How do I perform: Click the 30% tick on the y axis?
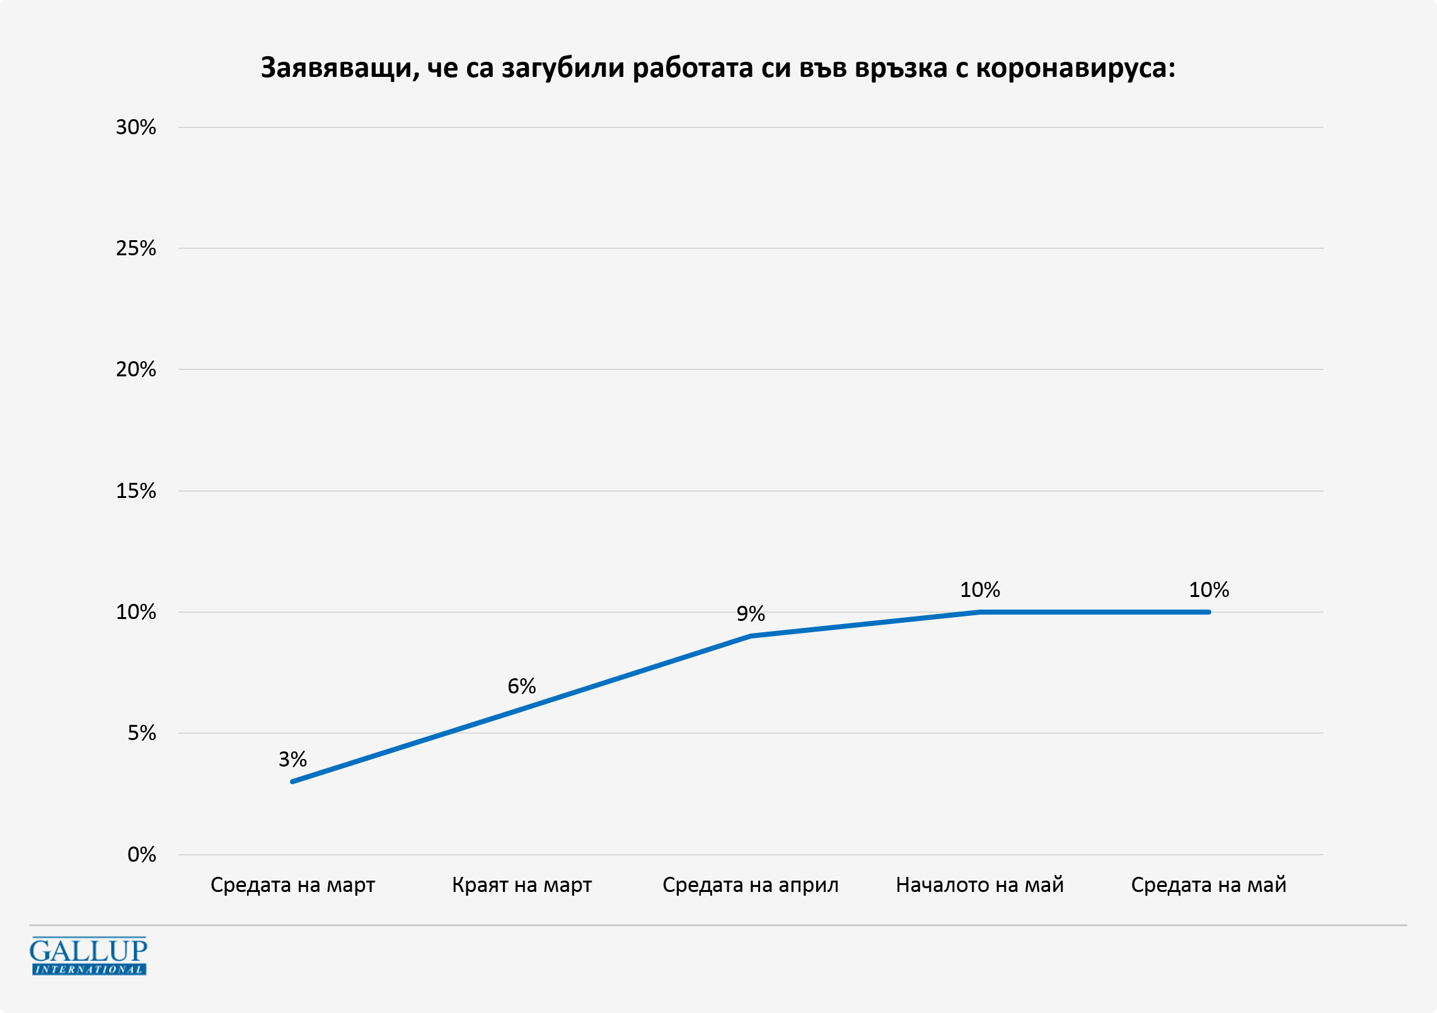click(x=136, y=127)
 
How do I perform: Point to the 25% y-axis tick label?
click(x=136, y=248)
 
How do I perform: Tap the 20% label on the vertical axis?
click(x=136, y=369)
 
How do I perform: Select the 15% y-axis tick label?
click(x=136, y=491)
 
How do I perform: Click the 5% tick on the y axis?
click(x=141, y=733)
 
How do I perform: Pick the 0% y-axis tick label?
click(x=141, y=855)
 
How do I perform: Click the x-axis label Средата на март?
click(x=292, y=885)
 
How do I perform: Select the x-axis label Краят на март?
click(x=522, y=885)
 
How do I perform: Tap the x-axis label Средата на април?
click(x=750, y=885)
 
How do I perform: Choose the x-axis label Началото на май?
click(x=979, y=885)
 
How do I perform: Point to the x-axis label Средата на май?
click(x=1208, y=885)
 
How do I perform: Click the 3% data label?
click(x=292, y=759)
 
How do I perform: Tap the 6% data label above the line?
click(x=522, y=686)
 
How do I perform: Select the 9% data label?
click(x=750, y=613)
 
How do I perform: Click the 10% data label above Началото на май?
click(x=979, y=590)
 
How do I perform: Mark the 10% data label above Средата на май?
click(x=1208, y=590)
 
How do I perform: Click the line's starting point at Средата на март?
click(x=292, y=782)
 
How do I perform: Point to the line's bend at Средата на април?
click(x=751, y=636)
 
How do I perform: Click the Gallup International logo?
click(x=88, y=956)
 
